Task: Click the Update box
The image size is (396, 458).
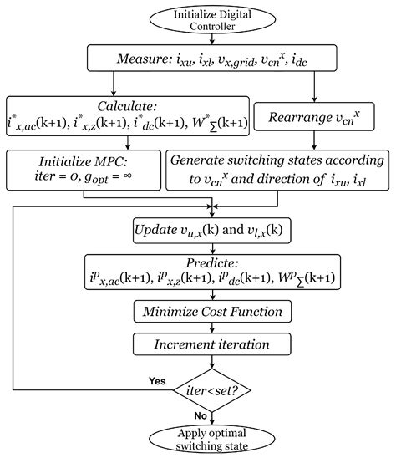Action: [x=215, y=229]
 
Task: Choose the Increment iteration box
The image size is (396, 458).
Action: [x=215, y=344]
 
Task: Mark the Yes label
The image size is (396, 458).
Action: [x=155, y=379]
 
